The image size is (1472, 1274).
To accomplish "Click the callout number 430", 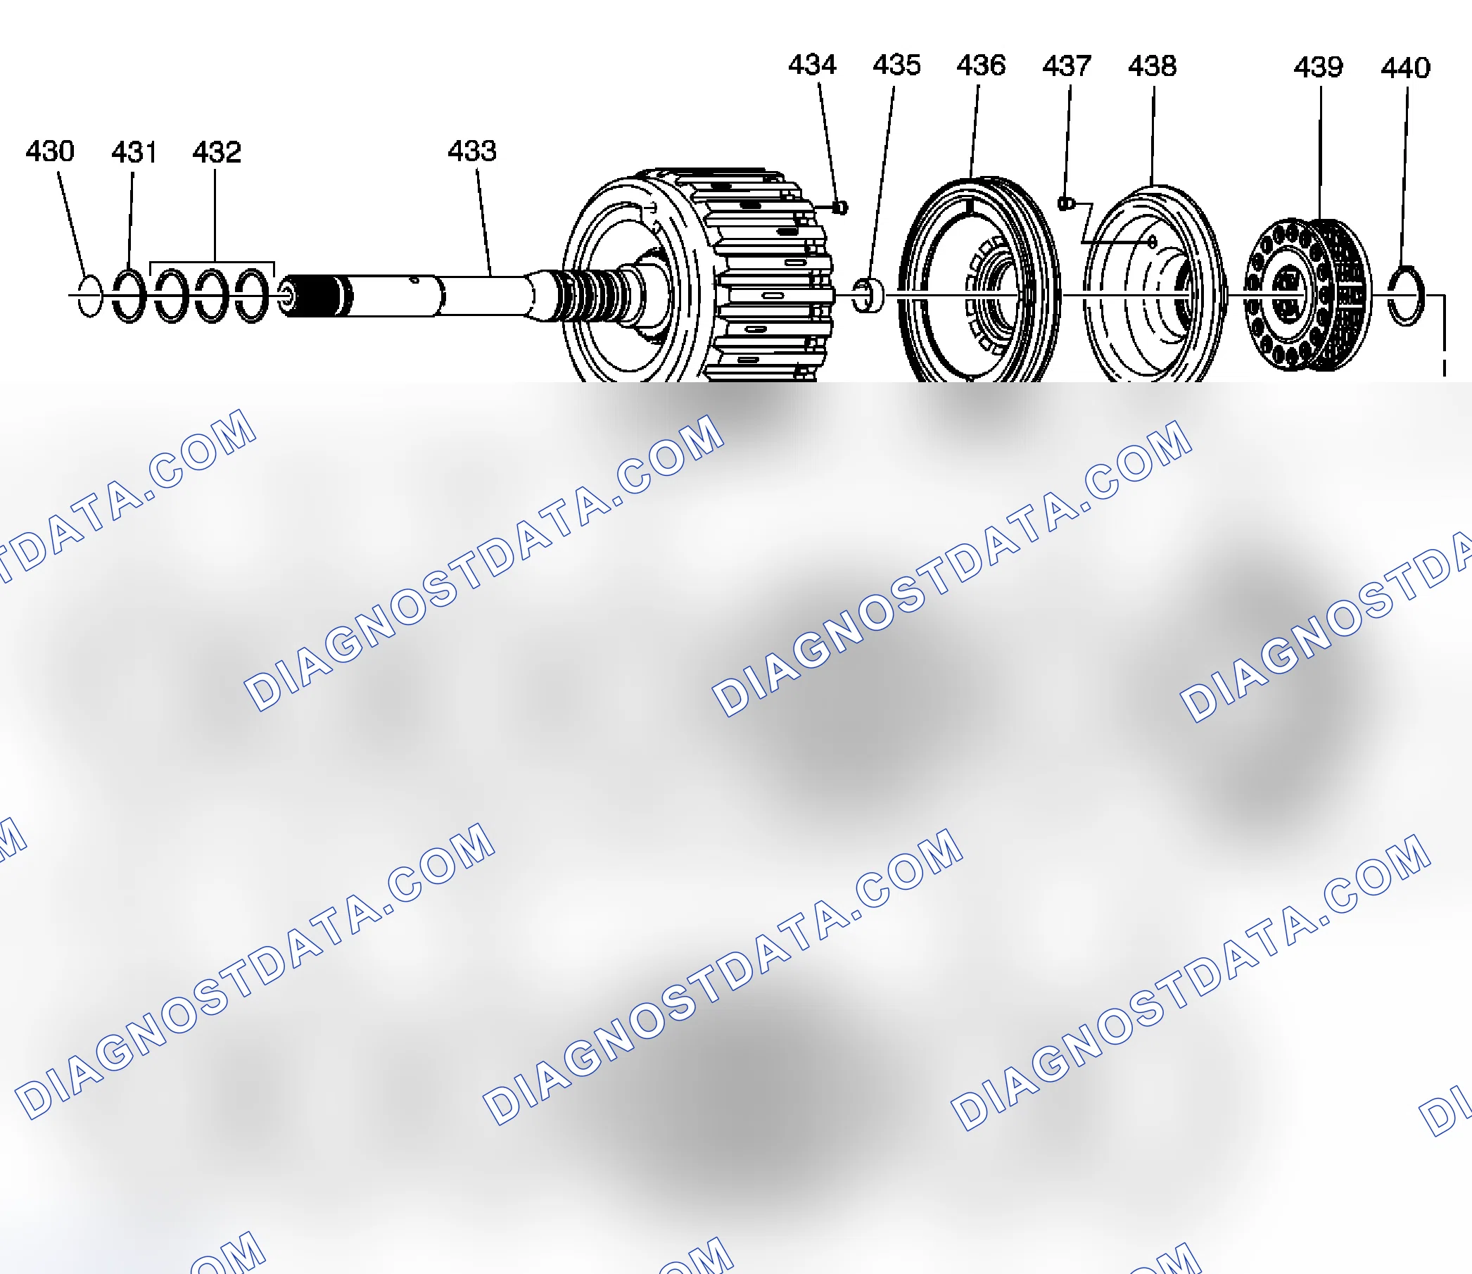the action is (50, 151).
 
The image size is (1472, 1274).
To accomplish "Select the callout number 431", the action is (134, 152).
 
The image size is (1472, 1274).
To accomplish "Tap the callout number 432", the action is (217, 152).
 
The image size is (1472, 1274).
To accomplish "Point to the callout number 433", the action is (472, 151).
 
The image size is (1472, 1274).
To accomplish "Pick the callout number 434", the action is (813, 65).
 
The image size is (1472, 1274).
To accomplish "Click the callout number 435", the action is (897, 65).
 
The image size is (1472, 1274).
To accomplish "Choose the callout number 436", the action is (981, 65).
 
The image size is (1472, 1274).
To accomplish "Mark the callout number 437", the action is (1067, 66).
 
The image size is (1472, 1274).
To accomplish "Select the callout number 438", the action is (1152, 66).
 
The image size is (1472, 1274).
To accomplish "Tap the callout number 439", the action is (1319, 68).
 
